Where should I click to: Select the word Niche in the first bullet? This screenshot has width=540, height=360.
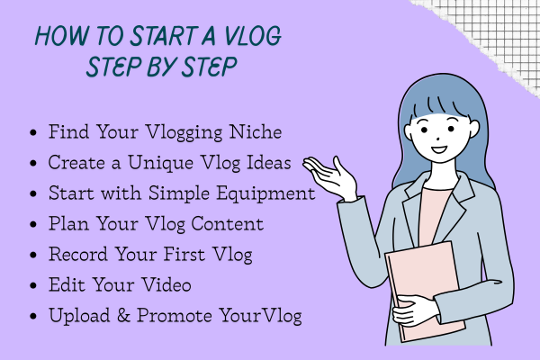[x=259, y=131]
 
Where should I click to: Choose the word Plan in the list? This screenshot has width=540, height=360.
[x=66, y=224]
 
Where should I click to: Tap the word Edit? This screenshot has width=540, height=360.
[x=65, y=285]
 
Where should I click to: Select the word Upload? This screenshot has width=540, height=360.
[x=77, y=317]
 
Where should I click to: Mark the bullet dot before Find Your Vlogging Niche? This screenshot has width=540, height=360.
[x=34, y=133]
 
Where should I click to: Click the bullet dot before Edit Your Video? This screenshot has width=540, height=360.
[x=34, y=286]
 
